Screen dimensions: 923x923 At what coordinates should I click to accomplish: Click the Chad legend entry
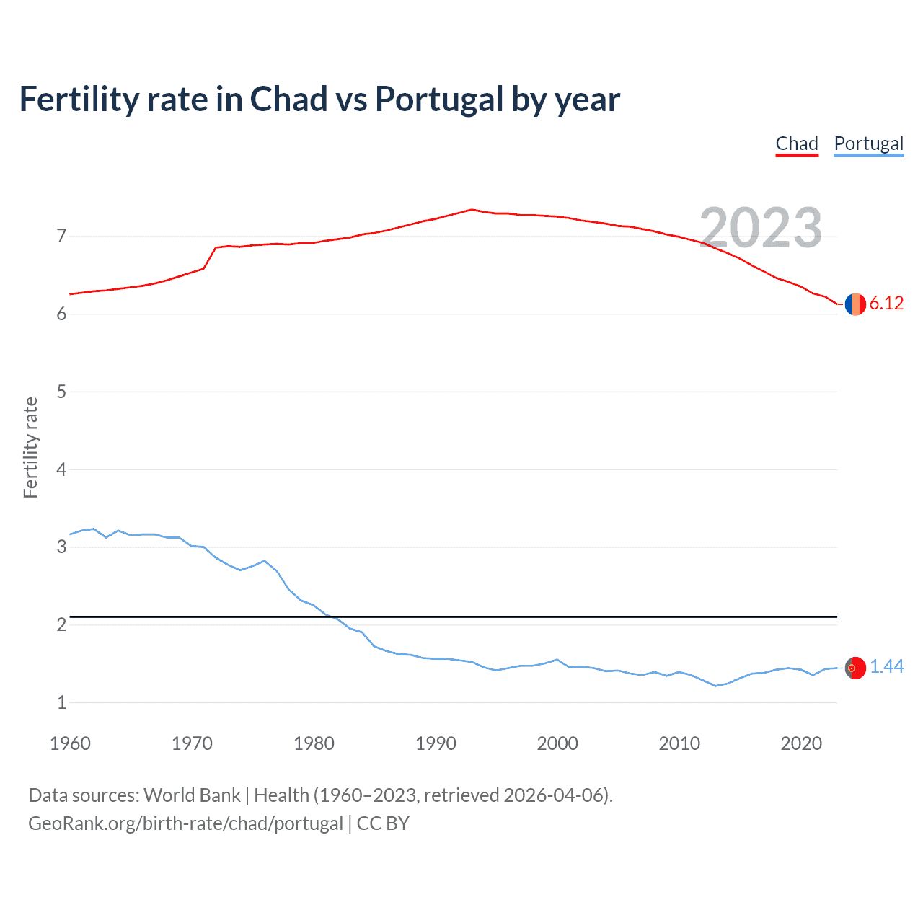pos(797,143)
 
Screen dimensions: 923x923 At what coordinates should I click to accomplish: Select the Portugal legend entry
pos(868,143)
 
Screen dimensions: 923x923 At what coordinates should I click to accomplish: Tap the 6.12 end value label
pos(886,304)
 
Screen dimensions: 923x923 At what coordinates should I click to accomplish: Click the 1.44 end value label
pos(886,667)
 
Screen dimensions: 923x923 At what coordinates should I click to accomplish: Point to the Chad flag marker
pos(855,304)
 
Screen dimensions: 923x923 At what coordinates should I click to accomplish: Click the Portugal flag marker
pos(855,668)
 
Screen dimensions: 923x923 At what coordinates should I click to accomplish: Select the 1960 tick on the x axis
pos(70,743)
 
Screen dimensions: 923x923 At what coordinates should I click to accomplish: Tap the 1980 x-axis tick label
pos(314,743)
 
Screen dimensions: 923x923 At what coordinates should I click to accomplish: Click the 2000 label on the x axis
pos(557,743)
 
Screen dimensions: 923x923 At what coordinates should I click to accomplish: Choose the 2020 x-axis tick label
pos(801,743)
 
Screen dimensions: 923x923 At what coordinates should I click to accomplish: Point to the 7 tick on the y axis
pos(61,237)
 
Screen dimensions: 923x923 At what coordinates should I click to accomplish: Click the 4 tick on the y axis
pos(61,469)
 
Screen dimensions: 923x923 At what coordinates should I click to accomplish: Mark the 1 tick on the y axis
pos(61,702)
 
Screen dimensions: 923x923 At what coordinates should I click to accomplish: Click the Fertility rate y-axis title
pos(30,447)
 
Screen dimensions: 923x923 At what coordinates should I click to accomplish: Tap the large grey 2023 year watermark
pos(761,228)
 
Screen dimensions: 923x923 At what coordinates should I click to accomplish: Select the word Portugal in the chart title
pos(439,100)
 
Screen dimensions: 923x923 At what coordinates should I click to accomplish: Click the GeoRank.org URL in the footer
pos(185,823)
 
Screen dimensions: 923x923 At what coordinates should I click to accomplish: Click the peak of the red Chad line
pos(472,209)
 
